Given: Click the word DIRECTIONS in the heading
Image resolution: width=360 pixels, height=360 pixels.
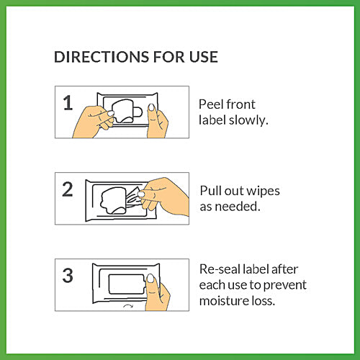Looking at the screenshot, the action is point(102,57).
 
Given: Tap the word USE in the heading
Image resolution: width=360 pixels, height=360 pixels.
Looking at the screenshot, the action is point(204,57).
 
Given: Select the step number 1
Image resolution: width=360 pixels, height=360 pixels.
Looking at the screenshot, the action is point(68,103).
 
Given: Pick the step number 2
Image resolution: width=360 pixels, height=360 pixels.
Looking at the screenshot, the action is point(68,189).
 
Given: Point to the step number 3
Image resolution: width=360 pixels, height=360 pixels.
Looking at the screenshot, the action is point(68,275).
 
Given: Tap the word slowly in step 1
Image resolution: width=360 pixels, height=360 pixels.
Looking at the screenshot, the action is point(248,120).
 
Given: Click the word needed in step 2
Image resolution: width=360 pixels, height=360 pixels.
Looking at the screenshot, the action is point(238,207).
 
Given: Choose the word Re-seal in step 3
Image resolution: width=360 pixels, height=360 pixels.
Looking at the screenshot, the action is point(220,269).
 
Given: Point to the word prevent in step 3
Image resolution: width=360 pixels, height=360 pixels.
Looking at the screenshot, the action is point(285,286).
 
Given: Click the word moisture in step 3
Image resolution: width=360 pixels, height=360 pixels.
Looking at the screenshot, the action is point(224,301).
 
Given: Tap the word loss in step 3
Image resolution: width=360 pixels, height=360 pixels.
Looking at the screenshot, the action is point(263,301).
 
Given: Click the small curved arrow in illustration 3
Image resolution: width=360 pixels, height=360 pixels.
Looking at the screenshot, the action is point(127,305).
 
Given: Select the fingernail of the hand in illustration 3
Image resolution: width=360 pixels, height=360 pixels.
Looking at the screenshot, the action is point(150,278).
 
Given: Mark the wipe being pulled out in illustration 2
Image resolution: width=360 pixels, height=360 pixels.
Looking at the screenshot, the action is point(132,197).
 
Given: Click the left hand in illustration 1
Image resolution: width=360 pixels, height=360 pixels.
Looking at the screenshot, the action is point(93,122).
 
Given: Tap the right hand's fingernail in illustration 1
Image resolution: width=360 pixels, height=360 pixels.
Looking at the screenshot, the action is point(151,107).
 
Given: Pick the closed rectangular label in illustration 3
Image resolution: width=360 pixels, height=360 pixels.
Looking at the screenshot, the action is point(127,284).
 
